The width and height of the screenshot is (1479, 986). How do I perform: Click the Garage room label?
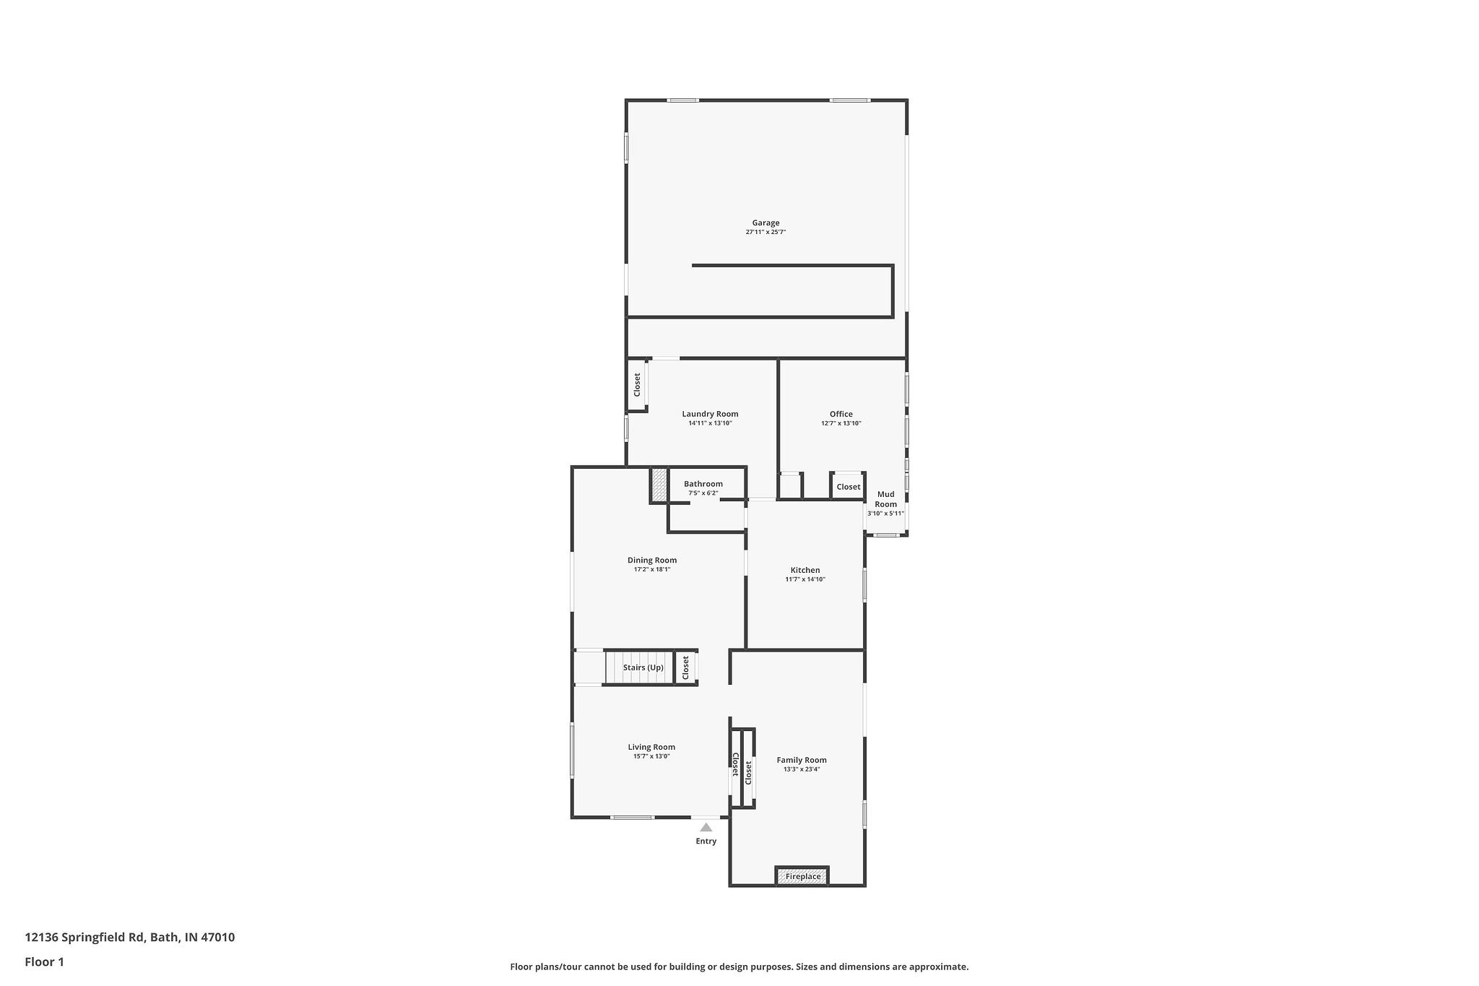pos(765,223)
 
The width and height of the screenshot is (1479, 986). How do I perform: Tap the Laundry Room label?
pos(710,414)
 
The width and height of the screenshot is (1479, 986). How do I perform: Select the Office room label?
pos(841,414)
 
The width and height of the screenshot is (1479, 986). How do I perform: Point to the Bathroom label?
pos(703,484)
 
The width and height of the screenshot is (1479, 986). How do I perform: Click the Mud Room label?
pos(885,499)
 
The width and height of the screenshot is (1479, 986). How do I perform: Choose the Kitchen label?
pos(804,570)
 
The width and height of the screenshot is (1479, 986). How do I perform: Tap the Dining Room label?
pos(651,560)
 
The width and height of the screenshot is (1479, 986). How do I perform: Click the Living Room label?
pos(651,747)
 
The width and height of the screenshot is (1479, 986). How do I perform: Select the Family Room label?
pos(801,760)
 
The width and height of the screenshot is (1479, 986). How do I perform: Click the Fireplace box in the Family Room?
pos(802,875)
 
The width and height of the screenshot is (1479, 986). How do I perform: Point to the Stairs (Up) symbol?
pos(638,667)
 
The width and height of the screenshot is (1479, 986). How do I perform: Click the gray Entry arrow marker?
pos(706,827)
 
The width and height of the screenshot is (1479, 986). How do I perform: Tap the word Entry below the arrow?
pos(706,841)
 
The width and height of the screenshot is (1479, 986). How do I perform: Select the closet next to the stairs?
pos(685,667)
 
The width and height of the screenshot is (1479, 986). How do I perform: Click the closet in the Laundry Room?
pos(637,384)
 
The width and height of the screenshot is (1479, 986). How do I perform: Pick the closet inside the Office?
pos(848,486)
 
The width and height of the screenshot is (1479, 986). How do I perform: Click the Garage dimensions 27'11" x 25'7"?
pos(765,232)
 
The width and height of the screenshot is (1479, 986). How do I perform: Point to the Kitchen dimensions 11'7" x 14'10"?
pos(804,579)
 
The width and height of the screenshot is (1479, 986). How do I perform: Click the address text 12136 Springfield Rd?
pos(85,938)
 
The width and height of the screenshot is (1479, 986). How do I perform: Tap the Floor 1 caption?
pos(44,961)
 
